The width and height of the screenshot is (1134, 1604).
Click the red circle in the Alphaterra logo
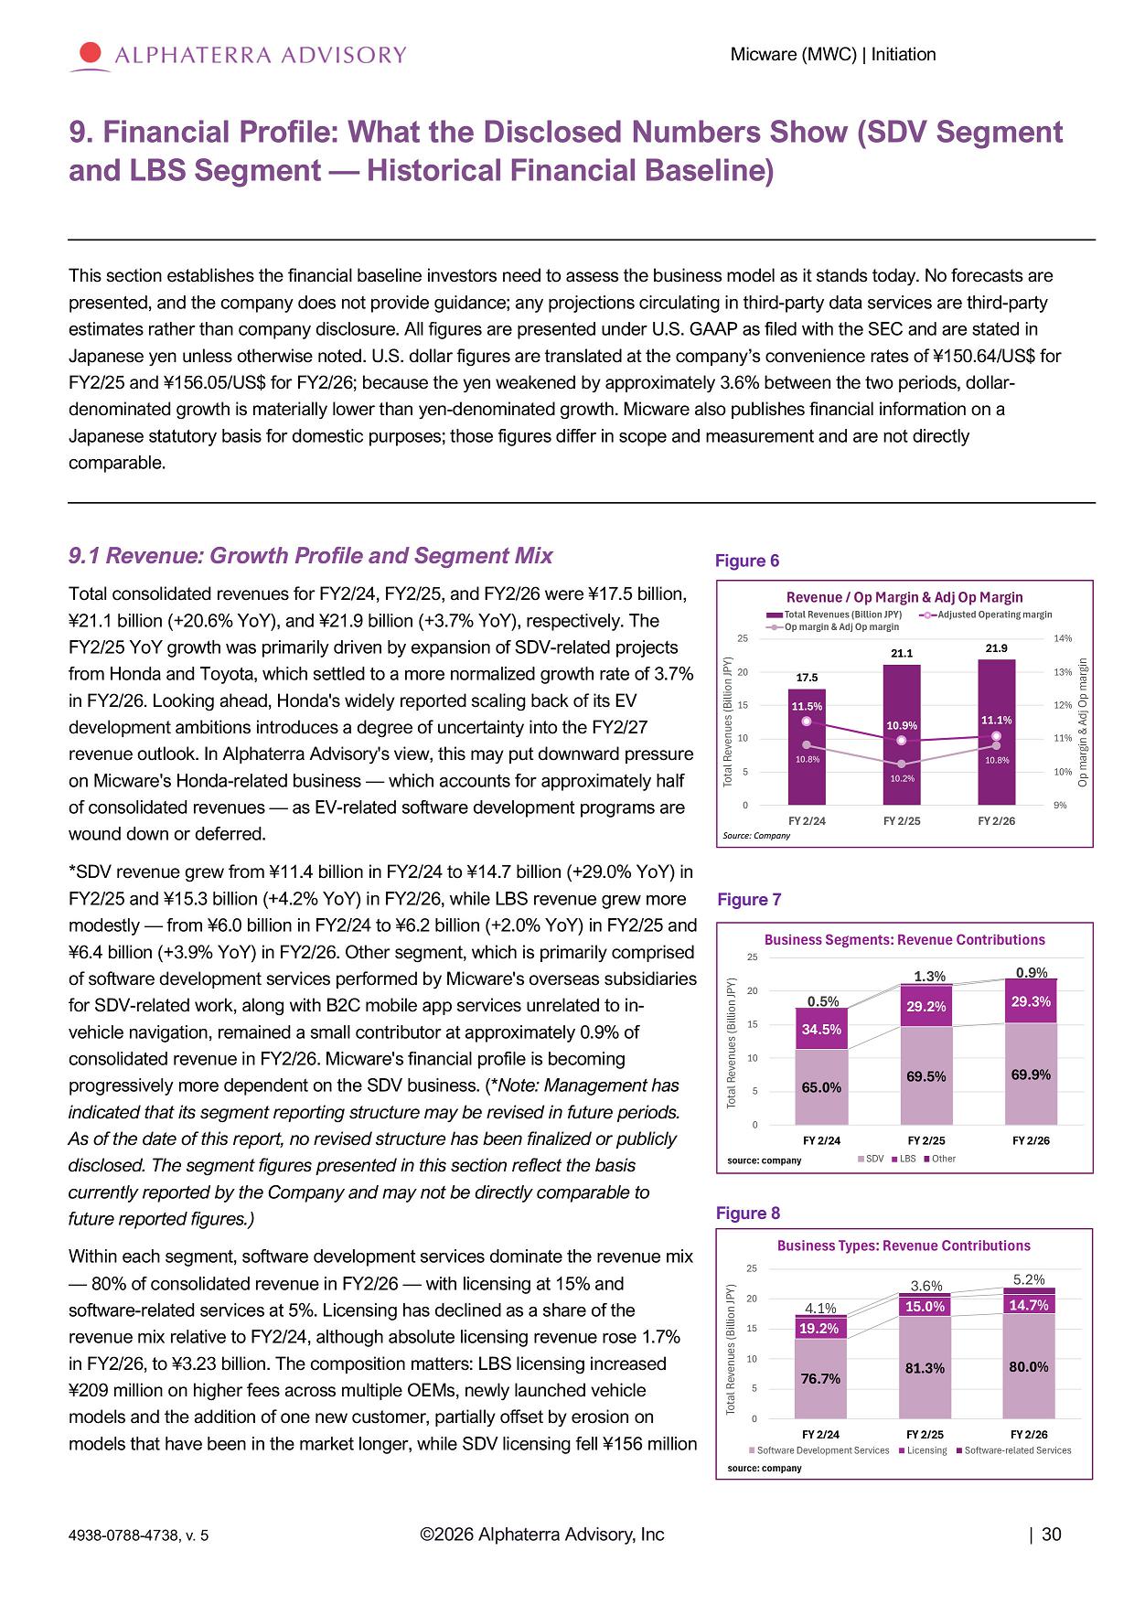[91, 53]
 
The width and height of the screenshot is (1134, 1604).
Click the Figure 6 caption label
[747, 561]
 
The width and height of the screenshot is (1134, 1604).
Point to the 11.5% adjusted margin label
[807, 706]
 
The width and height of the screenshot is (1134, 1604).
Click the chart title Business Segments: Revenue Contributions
[904, 939]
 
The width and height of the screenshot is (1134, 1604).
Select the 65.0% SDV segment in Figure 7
[821, 1087]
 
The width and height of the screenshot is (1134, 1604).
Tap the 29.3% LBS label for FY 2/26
[1031, 1001]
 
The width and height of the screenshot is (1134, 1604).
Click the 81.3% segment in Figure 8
[925, 1367]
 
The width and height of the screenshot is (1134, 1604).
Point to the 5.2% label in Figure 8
[1029, 1279]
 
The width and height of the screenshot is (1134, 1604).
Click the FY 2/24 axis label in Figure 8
[820, 1434]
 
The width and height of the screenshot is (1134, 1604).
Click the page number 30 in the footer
[1052, 1534]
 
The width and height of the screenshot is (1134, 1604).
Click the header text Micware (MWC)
[794, 54]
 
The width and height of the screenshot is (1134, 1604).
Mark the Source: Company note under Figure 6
[756, 835]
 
